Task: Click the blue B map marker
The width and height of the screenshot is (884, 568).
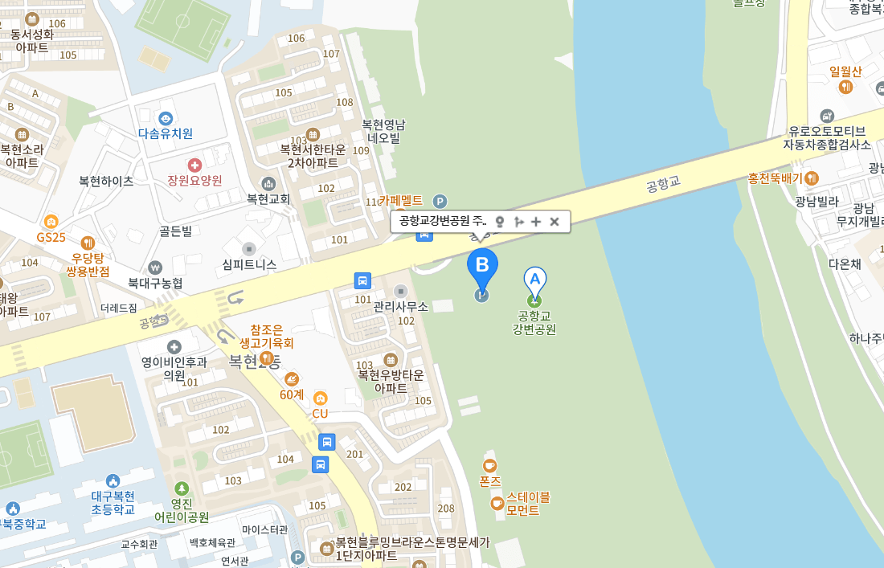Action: pos(482,265)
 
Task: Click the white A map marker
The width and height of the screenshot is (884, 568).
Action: pos(534,280)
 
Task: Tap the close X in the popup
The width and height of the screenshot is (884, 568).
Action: pos(554,222)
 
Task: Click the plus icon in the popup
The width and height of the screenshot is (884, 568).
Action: pos(536,222)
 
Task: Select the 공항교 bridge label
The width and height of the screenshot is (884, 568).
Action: pos(662,184)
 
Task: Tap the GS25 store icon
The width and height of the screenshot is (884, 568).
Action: pos(51,222)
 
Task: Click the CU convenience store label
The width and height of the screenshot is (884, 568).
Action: pos(320,413)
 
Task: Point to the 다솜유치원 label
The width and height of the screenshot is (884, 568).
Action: pos(166,133)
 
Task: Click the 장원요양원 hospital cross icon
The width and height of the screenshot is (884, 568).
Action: pos(194,165)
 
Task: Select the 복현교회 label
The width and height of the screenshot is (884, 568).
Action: pos(268,198)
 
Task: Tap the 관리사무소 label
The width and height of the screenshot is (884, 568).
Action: pos(401,306)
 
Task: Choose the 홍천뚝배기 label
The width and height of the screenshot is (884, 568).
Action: pos(776,178)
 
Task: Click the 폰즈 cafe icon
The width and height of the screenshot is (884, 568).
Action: pos(489,466)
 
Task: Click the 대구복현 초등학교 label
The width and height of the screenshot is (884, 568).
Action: pos(113,502)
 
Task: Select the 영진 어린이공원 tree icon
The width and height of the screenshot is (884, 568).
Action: pos(182,488)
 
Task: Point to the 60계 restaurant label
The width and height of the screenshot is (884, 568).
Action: pos(292,394)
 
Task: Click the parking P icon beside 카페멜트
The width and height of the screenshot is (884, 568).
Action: pos(440,201)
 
